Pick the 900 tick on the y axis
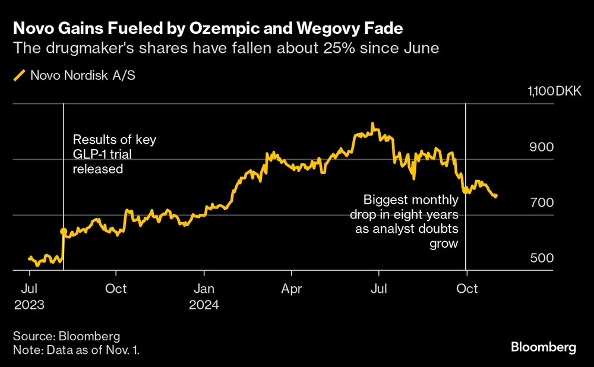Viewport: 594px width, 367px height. [x=542, y=147]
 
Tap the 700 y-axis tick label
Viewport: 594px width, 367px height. [x=542, y=203]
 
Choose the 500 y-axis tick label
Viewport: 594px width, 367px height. [x=542, y=258]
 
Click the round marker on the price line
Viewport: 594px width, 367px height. [x=63, y=231]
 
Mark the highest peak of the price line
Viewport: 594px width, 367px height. [x=372, y=124]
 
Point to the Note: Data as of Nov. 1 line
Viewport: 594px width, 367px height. [x=76, y=350]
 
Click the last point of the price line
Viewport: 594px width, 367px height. [x=495, y=196]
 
